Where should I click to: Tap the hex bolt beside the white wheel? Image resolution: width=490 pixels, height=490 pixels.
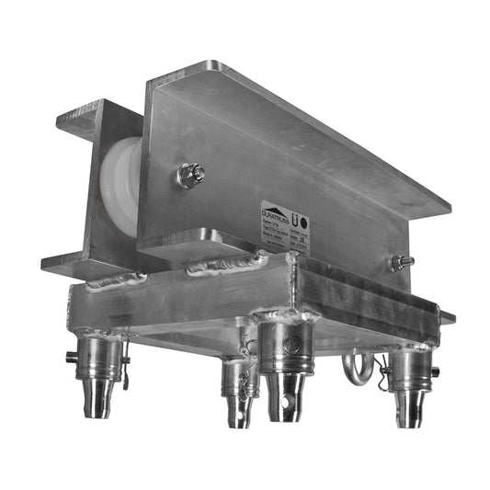tap(190, 174)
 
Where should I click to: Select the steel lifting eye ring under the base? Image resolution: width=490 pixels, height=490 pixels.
tap(357, 369)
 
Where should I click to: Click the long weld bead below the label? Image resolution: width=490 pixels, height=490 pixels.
tap(226, 267)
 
